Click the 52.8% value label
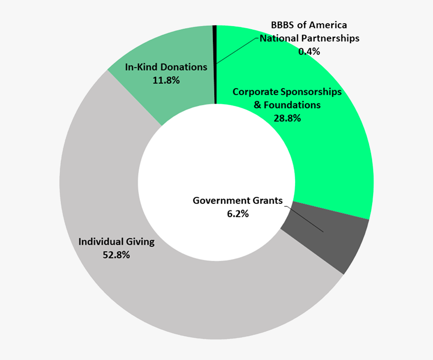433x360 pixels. pyautogui.click(x=116, y=255)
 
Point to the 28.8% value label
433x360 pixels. pyautogui.click(x=287, y=118)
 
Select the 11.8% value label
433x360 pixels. pyautogui.click(x=166, y=80)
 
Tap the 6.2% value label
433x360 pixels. pyautogui.click(x=238, y=213)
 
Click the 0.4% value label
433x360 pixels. pyautogui.click(x=309, y=51)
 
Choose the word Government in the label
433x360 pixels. pyautogui.click(x=219, y=200)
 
